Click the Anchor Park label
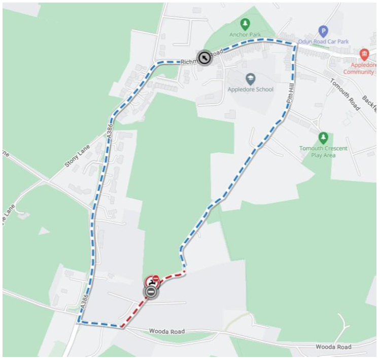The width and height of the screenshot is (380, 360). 245,35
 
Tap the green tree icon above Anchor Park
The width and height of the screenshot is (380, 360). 245,23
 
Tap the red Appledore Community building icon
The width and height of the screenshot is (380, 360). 364,54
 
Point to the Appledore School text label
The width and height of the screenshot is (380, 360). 250,89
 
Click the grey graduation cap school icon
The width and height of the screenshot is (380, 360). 250,79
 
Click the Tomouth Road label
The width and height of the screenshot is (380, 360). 344,94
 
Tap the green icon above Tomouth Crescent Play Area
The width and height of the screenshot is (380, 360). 323,137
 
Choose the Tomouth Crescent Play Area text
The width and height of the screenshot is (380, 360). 323,151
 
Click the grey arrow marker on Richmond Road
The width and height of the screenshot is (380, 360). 204,58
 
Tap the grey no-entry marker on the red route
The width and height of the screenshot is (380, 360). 151,292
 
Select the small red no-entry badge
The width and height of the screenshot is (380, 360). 156,277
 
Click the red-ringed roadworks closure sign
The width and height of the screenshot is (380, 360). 151,281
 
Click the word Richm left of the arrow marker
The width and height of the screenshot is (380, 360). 189,61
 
